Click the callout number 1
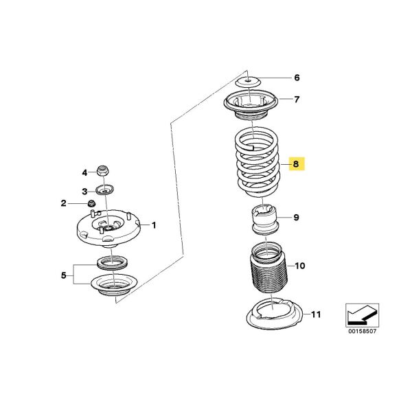154,225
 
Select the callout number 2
63,203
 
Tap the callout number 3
84,191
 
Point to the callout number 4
84,172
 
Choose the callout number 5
64,276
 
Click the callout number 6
297,78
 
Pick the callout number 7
297,100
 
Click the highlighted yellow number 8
297,164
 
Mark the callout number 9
297,218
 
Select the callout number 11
314,315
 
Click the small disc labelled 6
247,80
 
